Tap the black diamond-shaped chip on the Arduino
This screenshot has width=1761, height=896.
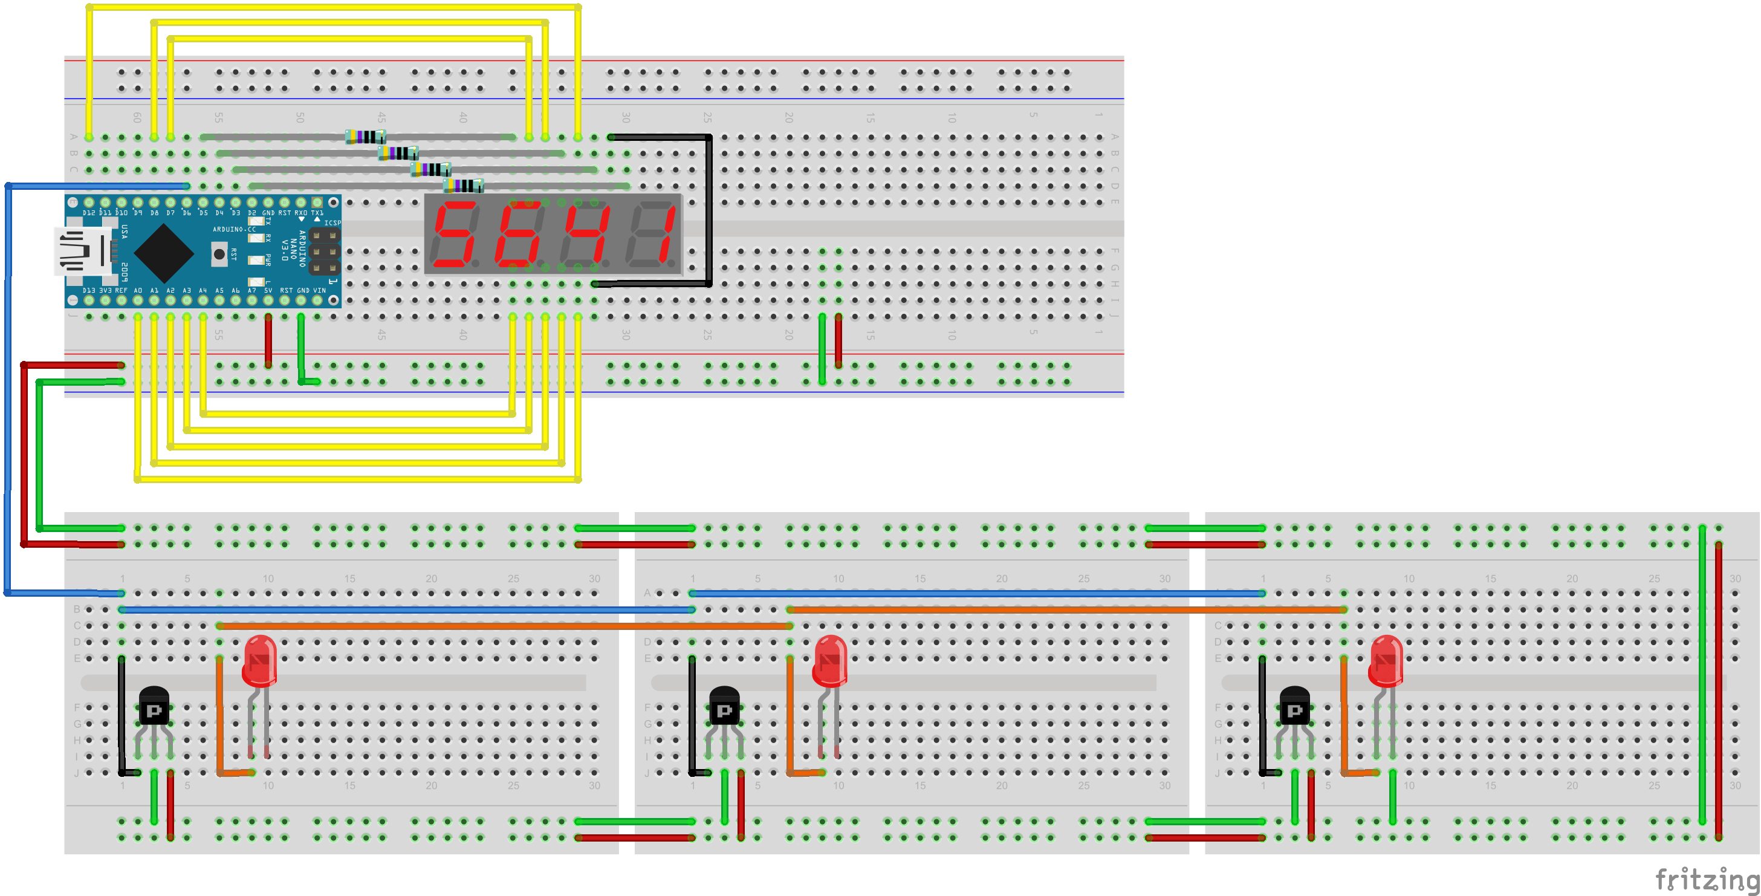164,253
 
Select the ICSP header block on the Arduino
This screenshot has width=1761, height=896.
324,251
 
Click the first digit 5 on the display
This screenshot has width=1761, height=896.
455,234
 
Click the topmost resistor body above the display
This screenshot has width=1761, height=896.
365,137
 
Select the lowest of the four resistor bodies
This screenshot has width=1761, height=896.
463,185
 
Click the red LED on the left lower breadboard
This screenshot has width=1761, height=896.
260,660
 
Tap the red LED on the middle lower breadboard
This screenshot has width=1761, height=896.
830,660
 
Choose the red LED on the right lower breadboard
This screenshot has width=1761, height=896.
1386,660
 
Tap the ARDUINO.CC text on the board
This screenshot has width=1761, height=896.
234,230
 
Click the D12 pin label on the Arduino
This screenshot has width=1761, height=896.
89,213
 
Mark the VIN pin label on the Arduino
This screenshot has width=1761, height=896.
319,290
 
